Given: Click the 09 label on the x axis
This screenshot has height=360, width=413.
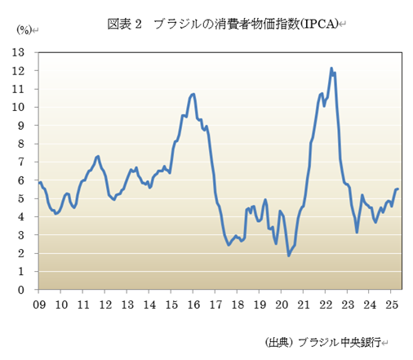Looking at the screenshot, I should click(x=39, y=304).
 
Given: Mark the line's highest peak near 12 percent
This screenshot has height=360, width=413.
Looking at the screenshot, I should click(x=331, y=69).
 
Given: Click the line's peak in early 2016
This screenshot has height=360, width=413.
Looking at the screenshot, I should click(x=193, y=94).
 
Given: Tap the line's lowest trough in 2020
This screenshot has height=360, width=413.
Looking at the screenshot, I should click(x=289, y=256).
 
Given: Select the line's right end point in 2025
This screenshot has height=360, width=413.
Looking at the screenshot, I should click(x=397, y=189).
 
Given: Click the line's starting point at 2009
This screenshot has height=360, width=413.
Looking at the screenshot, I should click(x=39, y=182).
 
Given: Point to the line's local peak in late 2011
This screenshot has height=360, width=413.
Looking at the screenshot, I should click(x=98, y=156).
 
